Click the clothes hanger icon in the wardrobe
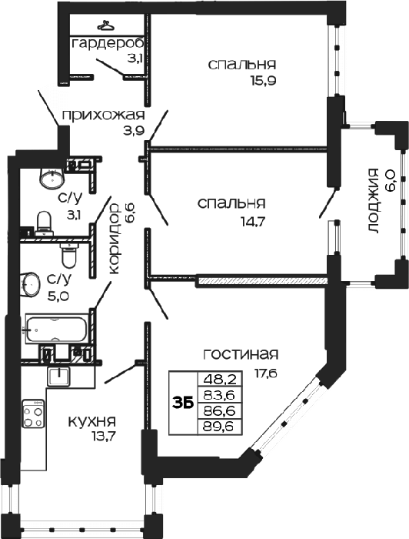coord(105,25)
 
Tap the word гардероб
coord(108,45)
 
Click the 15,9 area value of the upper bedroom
coord(264,80)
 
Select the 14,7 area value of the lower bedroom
coord(253,221)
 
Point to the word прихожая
coord(103,115)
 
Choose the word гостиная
coord(241,354)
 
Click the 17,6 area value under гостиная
coord(265,372)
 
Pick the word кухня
coord(92,421)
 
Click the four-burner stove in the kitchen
coord(33,413)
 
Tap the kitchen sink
coord(58,376)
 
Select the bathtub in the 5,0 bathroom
coord(56,330)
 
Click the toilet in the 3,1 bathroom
coord(44,222)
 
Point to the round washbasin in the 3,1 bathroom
coord(52,177)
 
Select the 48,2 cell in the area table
coord(220,380)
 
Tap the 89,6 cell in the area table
coord(220,427)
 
